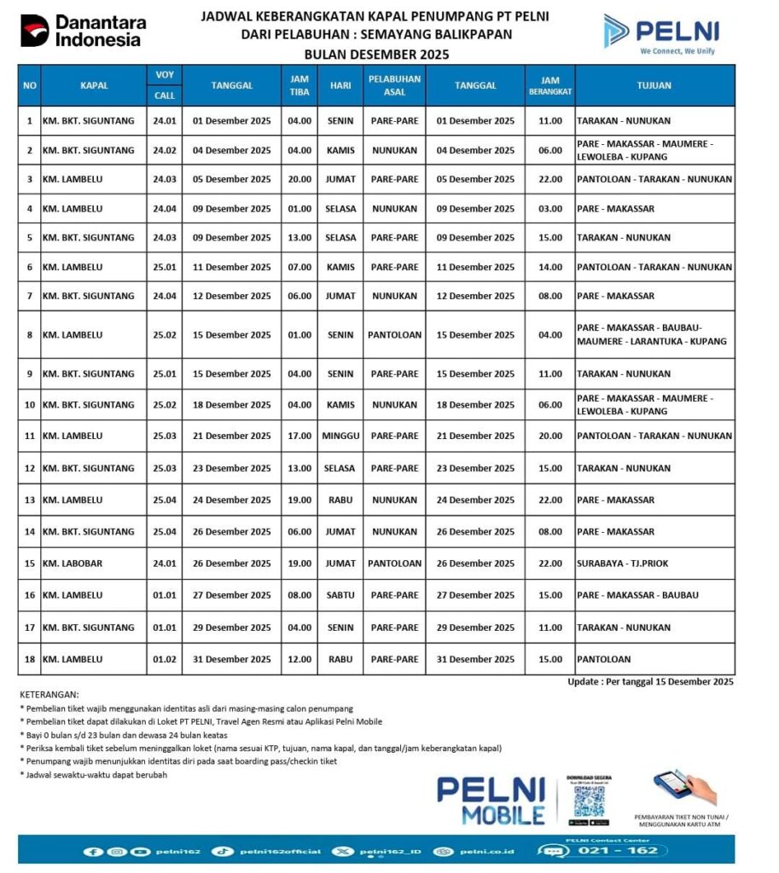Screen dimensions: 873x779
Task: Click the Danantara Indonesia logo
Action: (x=83, y=31)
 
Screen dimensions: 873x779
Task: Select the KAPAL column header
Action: (x=94, y=85)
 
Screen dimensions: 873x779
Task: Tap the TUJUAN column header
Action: (x=654, y=85)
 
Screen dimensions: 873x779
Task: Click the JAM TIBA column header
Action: (x=299, y=85)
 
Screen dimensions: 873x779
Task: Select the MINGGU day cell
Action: (x=340, y=436)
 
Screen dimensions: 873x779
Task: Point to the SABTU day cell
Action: (x=340, y=595)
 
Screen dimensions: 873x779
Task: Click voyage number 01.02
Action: (x=165, y=659)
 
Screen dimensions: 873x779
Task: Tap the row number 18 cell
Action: (x=29, y=659)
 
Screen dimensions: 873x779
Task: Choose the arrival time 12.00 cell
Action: (x=299, y=659)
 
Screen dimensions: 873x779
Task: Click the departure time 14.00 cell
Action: (x=550, y=267)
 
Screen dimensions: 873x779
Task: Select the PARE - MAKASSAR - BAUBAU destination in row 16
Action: (x=637, y=595)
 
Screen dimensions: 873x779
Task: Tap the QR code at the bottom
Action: (x=589, y=800)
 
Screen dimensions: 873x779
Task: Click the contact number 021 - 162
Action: (x=630, y=851)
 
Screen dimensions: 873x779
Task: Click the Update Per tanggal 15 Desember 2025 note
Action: (x=650, y=682)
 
